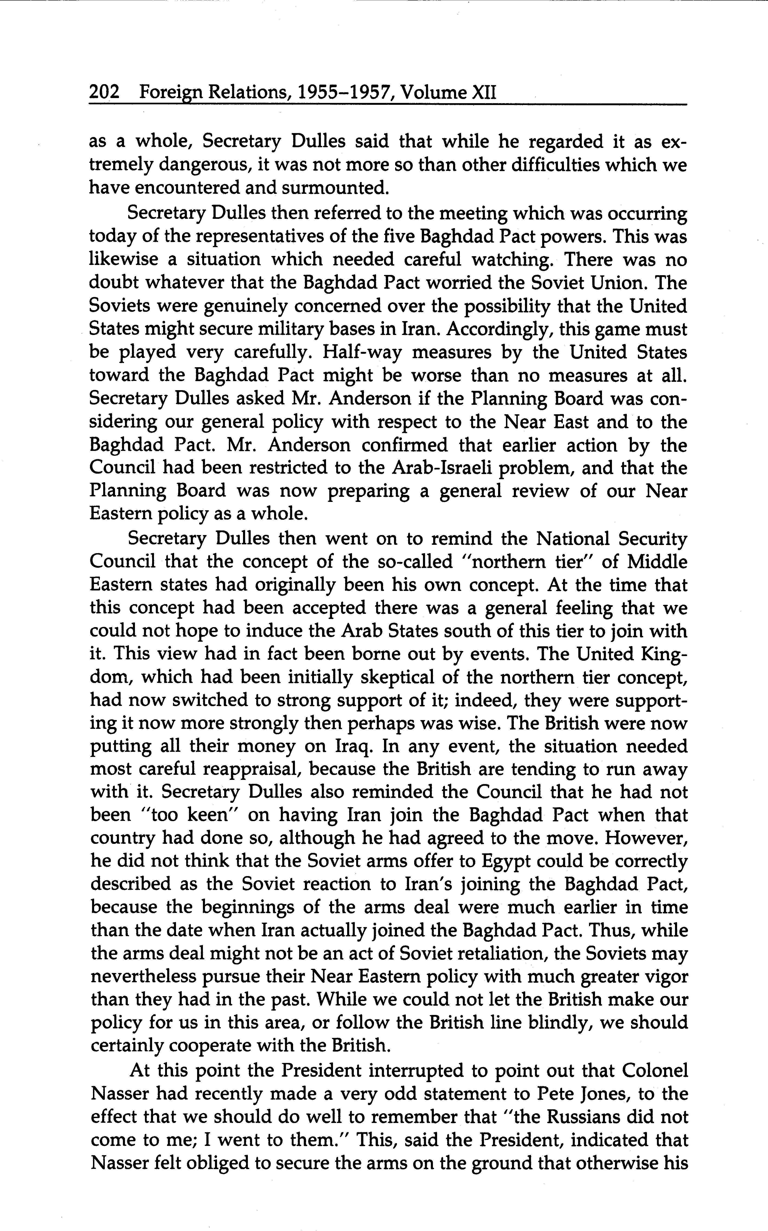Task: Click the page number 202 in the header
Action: [x=104, y=92]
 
